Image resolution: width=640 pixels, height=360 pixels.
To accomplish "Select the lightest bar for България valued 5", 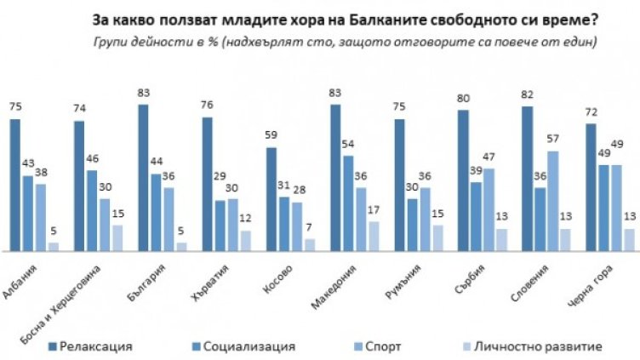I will click(x=180, y=246).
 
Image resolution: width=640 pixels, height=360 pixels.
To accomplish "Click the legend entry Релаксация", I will click(x=94, y=346).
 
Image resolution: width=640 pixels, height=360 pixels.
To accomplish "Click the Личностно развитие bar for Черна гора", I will click(x=628, y=239).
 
